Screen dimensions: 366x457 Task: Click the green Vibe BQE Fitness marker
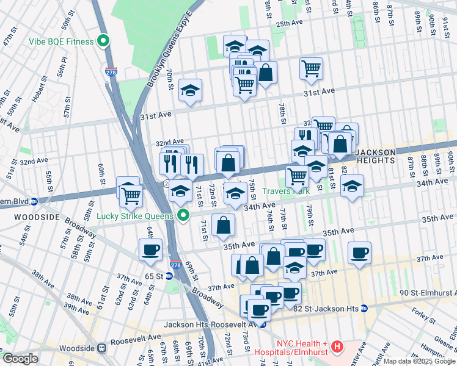coord(104,41)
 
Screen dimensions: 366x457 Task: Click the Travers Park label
coord(286,191)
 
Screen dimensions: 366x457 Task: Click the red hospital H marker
coord(336,348)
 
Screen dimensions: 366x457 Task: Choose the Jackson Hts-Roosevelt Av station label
coord(214,324)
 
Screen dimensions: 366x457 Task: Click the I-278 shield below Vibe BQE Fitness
coord(111,71)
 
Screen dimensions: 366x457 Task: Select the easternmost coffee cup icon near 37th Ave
coord(359,253)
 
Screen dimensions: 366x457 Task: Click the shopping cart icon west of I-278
coord(131,196)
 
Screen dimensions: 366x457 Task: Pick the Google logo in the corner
coord(20,359)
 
